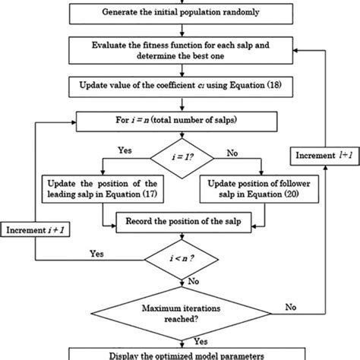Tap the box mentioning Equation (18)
[180, 86]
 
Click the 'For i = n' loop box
[180, 120]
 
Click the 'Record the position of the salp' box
[180, 222]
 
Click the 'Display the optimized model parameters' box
[180, 354]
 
